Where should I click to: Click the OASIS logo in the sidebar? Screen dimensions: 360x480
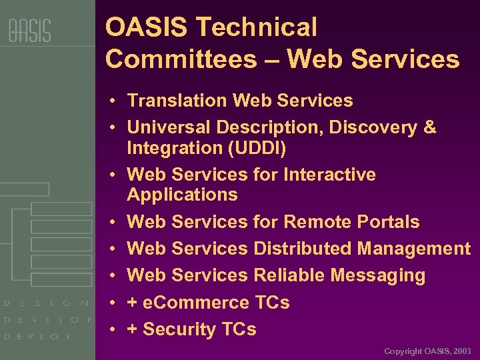tap(29, 31)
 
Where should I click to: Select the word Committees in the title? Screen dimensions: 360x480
tap(181, 59)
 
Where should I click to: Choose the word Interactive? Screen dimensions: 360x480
tap(329, 175)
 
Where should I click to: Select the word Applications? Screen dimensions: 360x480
tap(182, 195)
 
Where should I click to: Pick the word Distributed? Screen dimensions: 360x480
tap(303, 249)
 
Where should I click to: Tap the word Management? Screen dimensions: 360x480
tap(413, 249)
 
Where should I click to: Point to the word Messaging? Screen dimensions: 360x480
tap(378, 275)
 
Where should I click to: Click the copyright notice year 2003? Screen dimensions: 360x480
tap(461, 351)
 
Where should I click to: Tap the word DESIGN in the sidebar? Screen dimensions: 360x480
tap(47, 303)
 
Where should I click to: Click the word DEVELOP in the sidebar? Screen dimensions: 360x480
tap(48, 320)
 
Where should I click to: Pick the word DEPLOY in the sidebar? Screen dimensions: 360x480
tap(38, 337)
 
